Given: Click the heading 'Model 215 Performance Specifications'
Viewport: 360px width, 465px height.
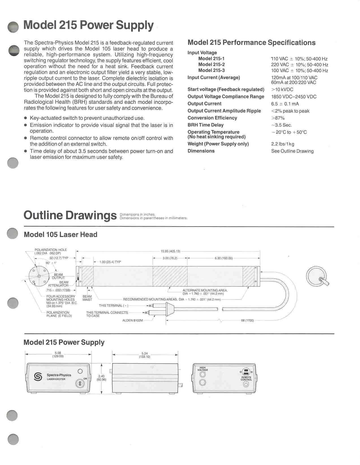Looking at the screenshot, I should pos(251,43).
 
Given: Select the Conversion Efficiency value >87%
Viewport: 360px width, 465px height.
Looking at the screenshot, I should pos(278,118).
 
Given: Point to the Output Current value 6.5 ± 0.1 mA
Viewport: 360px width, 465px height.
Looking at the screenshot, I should pos(285,104).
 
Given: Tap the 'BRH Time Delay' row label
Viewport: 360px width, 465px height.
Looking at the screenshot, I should pos(205,125).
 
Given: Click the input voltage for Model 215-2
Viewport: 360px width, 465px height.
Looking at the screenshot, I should pos(299,65).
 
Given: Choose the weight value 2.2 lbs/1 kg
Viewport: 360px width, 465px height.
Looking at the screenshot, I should pos(283,144).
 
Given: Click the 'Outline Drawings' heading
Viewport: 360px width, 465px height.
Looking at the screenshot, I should pos(70,215).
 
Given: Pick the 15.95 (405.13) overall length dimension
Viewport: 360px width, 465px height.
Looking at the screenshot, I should pos(170,251).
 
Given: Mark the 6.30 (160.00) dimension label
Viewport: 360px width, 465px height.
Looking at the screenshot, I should pos(223,258).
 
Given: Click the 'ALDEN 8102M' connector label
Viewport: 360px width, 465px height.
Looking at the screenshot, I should pos(133,320).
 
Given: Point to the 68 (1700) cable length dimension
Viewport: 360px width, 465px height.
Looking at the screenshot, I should pos(247,320).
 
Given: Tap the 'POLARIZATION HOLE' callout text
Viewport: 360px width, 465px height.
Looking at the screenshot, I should pos(51,250).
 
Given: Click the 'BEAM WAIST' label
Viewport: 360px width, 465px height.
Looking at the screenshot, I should pos(87,298).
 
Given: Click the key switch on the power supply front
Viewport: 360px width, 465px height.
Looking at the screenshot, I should pos(80,383).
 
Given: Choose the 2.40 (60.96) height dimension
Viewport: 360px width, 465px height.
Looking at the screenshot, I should pos(101,378).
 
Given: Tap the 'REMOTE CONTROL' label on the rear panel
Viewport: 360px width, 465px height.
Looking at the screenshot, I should pos(246,378).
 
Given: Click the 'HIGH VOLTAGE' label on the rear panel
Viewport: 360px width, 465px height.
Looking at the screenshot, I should pos(203,369).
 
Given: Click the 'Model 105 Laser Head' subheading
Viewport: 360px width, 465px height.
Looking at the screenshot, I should pos(61,234).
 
